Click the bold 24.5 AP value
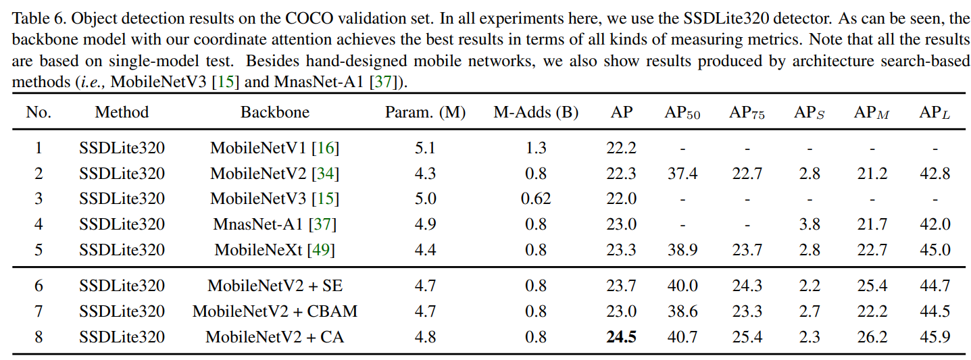[621, 336]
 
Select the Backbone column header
[275, 112]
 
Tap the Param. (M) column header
[425, 112]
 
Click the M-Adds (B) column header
[536, 112]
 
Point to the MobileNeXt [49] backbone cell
[275, 250]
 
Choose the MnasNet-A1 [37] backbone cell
[275, 224]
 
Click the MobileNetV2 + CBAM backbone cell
[275, 311]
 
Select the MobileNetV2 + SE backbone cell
[275, 286]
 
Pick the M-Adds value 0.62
[536, 199]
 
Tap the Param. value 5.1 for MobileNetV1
[425, 148]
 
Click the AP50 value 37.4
[682, 174]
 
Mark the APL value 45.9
[935, 336]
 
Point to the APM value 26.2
[872, 336]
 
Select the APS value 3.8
[808, 224]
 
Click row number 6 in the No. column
[39, 286]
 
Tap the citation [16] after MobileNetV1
[325, 148]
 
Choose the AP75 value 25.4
[747, 336]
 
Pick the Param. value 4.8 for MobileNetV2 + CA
[425, 336]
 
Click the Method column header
[122, 112]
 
